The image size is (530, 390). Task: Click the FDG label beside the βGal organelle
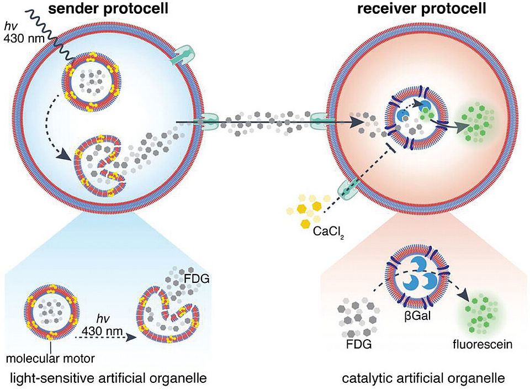point(356,345)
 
